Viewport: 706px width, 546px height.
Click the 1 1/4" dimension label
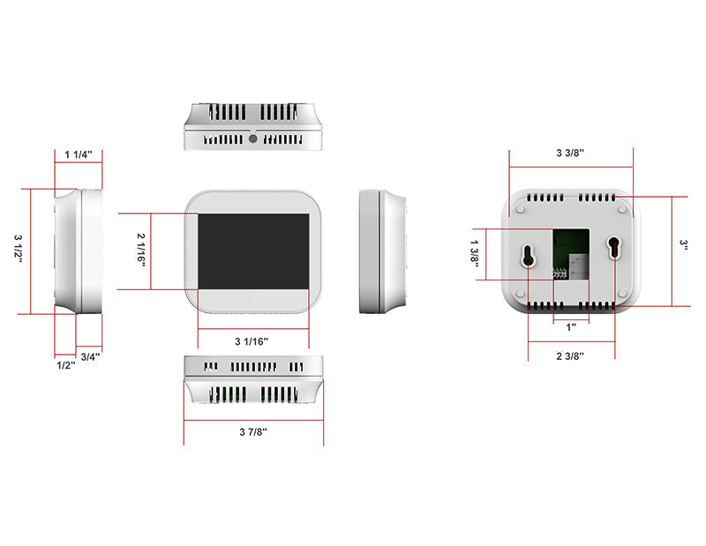click(x=79, y=154)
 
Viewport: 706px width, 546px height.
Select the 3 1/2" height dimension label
click(x=19, y=251)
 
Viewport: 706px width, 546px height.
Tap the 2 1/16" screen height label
click(x=141, y=251)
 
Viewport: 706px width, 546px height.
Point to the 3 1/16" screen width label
click(x=252, y=340)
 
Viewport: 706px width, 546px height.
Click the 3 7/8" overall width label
click(x=252, y=431)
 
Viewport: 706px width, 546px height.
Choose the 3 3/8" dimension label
click(x=570, y=153)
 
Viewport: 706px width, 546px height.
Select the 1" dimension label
click(x=571, y=326)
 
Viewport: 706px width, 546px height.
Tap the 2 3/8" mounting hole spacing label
click(x=570, y=355)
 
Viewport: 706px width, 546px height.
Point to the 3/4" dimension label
click(x=90, y=356)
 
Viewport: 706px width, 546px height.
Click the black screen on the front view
click(x=252, y=250)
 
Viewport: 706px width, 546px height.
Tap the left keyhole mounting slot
click(x=528, y=255)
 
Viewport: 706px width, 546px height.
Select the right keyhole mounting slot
click(x=613, y=248)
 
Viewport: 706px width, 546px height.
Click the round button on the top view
click(x=253, y=138)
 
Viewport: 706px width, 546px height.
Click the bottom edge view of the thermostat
click(x=253, y=380)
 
